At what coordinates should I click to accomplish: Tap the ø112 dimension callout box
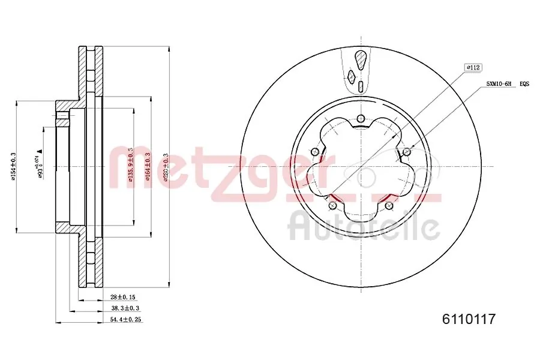474,68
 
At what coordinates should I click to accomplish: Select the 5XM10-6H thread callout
499,85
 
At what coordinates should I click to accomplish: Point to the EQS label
524,85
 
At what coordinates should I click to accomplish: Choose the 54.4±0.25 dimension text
125,319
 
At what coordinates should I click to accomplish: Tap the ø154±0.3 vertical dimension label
14,166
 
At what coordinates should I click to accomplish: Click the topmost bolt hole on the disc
361,118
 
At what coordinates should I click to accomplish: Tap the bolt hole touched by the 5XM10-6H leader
407,150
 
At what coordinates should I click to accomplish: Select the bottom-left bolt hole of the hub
332,206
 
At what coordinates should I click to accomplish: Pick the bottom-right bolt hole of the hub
390,206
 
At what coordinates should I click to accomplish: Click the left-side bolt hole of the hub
314,151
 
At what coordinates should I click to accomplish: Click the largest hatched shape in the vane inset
361,60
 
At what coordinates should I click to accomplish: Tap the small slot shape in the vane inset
361,86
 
